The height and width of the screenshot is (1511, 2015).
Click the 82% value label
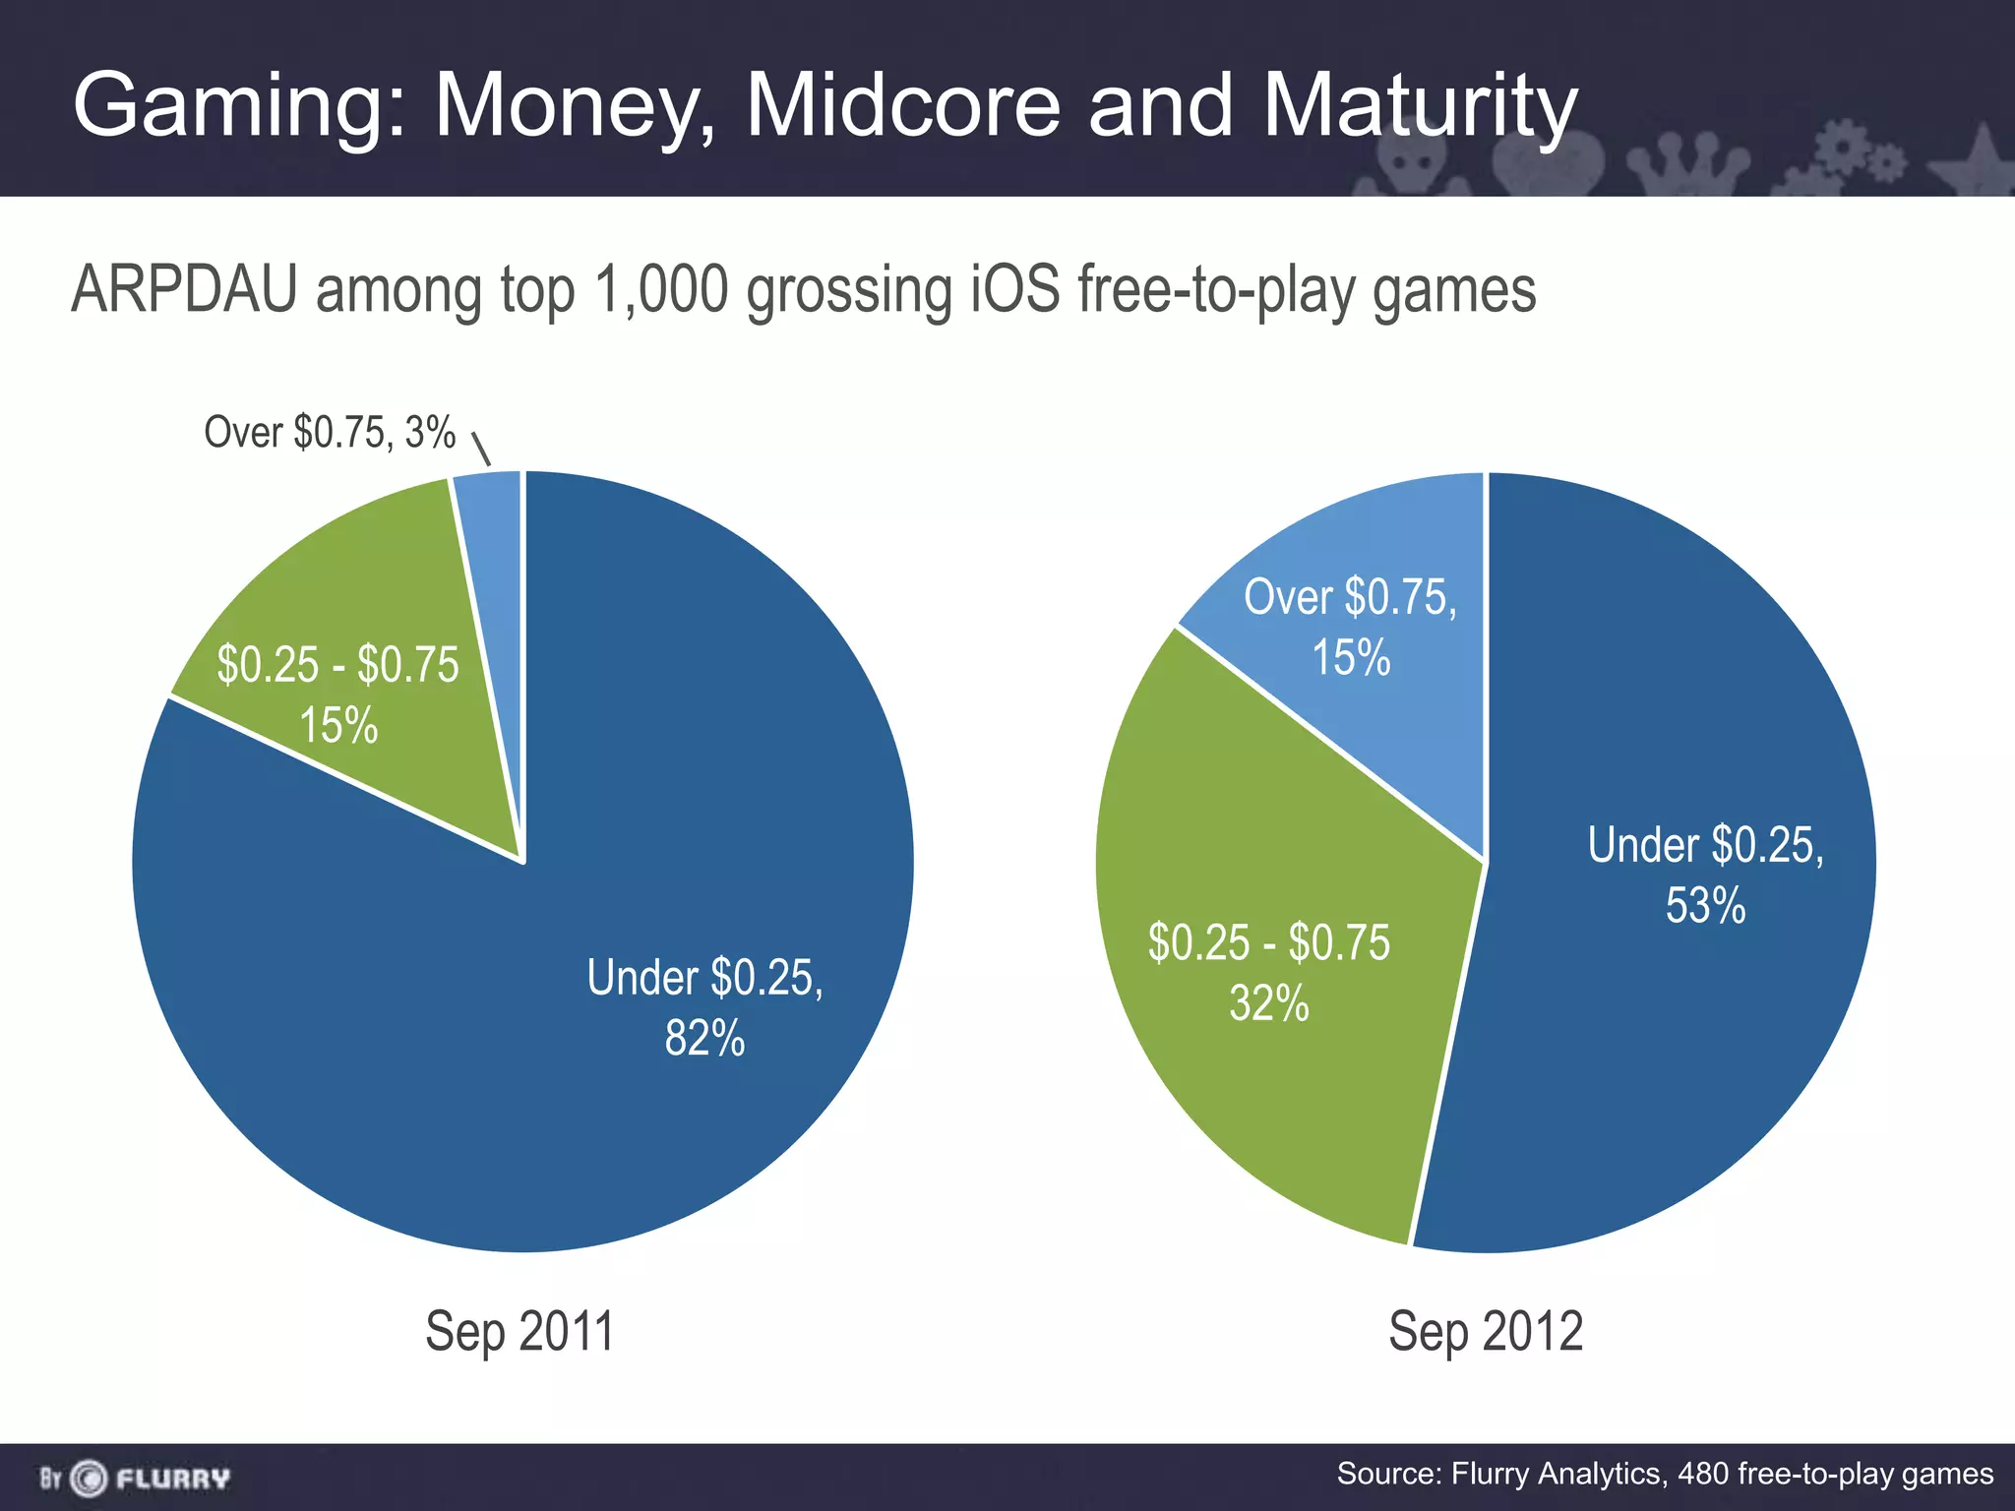(704, 1039)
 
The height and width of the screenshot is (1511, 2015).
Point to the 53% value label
(1705, 906)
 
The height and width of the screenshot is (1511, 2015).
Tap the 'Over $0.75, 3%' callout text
(330, 433)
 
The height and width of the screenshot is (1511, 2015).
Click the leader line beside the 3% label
(481, 449)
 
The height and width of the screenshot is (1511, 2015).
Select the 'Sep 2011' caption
(519, 1332)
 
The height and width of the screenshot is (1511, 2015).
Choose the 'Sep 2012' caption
(1486, 1332)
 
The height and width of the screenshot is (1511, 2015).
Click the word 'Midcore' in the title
(902, 105)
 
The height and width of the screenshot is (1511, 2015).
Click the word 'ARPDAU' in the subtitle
(184, 290)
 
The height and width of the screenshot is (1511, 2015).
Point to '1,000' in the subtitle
(661, 290)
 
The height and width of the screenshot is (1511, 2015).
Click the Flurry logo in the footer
(135, 1478)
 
